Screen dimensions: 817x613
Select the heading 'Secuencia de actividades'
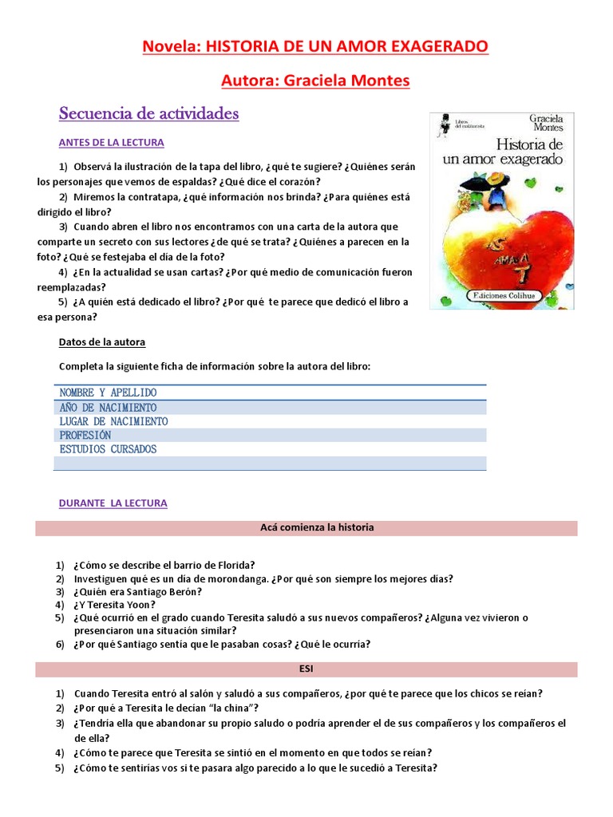(148, 114)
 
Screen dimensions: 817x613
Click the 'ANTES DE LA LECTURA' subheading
(111, 143)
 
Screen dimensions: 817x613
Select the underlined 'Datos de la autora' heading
(102, 342)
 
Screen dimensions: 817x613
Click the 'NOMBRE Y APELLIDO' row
(108, 393)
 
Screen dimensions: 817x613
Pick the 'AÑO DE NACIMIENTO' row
(108, 407)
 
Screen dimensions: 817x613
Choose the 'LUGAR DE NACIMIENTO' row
(113, 421)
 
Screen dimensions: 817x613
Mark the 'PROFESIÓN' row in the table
(85, 435)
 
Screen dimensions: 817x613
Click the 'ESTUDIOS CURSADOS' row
(108, 449)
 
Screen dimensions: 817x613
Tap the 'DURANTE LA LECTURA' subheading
(113, 503)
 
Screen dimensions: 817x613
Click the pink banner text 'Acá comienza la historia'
(317, 528)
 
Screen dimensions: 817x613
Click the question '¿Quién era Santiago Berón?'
(138, 592)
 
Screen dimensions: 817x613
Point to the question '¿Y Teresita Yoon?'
(115, 605)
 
